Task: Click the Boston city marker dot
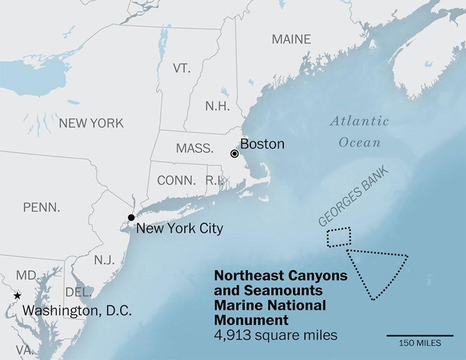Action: coord(234,153)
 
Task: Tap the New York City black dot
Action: coord(131,217)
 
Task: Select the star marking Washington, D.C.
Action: coord(17,296)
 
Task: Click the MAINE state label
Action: coord(291,39)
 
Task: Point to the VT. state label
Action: coord(182,68)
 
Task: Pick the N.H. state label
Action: coord(217,107)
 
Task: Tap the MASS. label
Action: coord(195,149)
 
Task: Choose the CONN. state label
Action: coord(176,181)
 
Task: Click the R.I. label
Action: coord(214,181)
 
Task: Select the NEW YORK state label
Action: coord(91,123)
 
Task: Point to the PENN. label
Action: coord(41,207)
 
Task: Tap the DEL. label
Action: coord(79,292)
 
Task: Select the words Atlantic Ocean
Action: coord(359,132)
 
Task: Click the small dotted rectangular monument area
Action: coord(338,237)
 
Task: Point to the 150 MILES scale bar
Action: coord(420,335)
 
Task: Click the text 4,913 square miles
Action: coord(276,335)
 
